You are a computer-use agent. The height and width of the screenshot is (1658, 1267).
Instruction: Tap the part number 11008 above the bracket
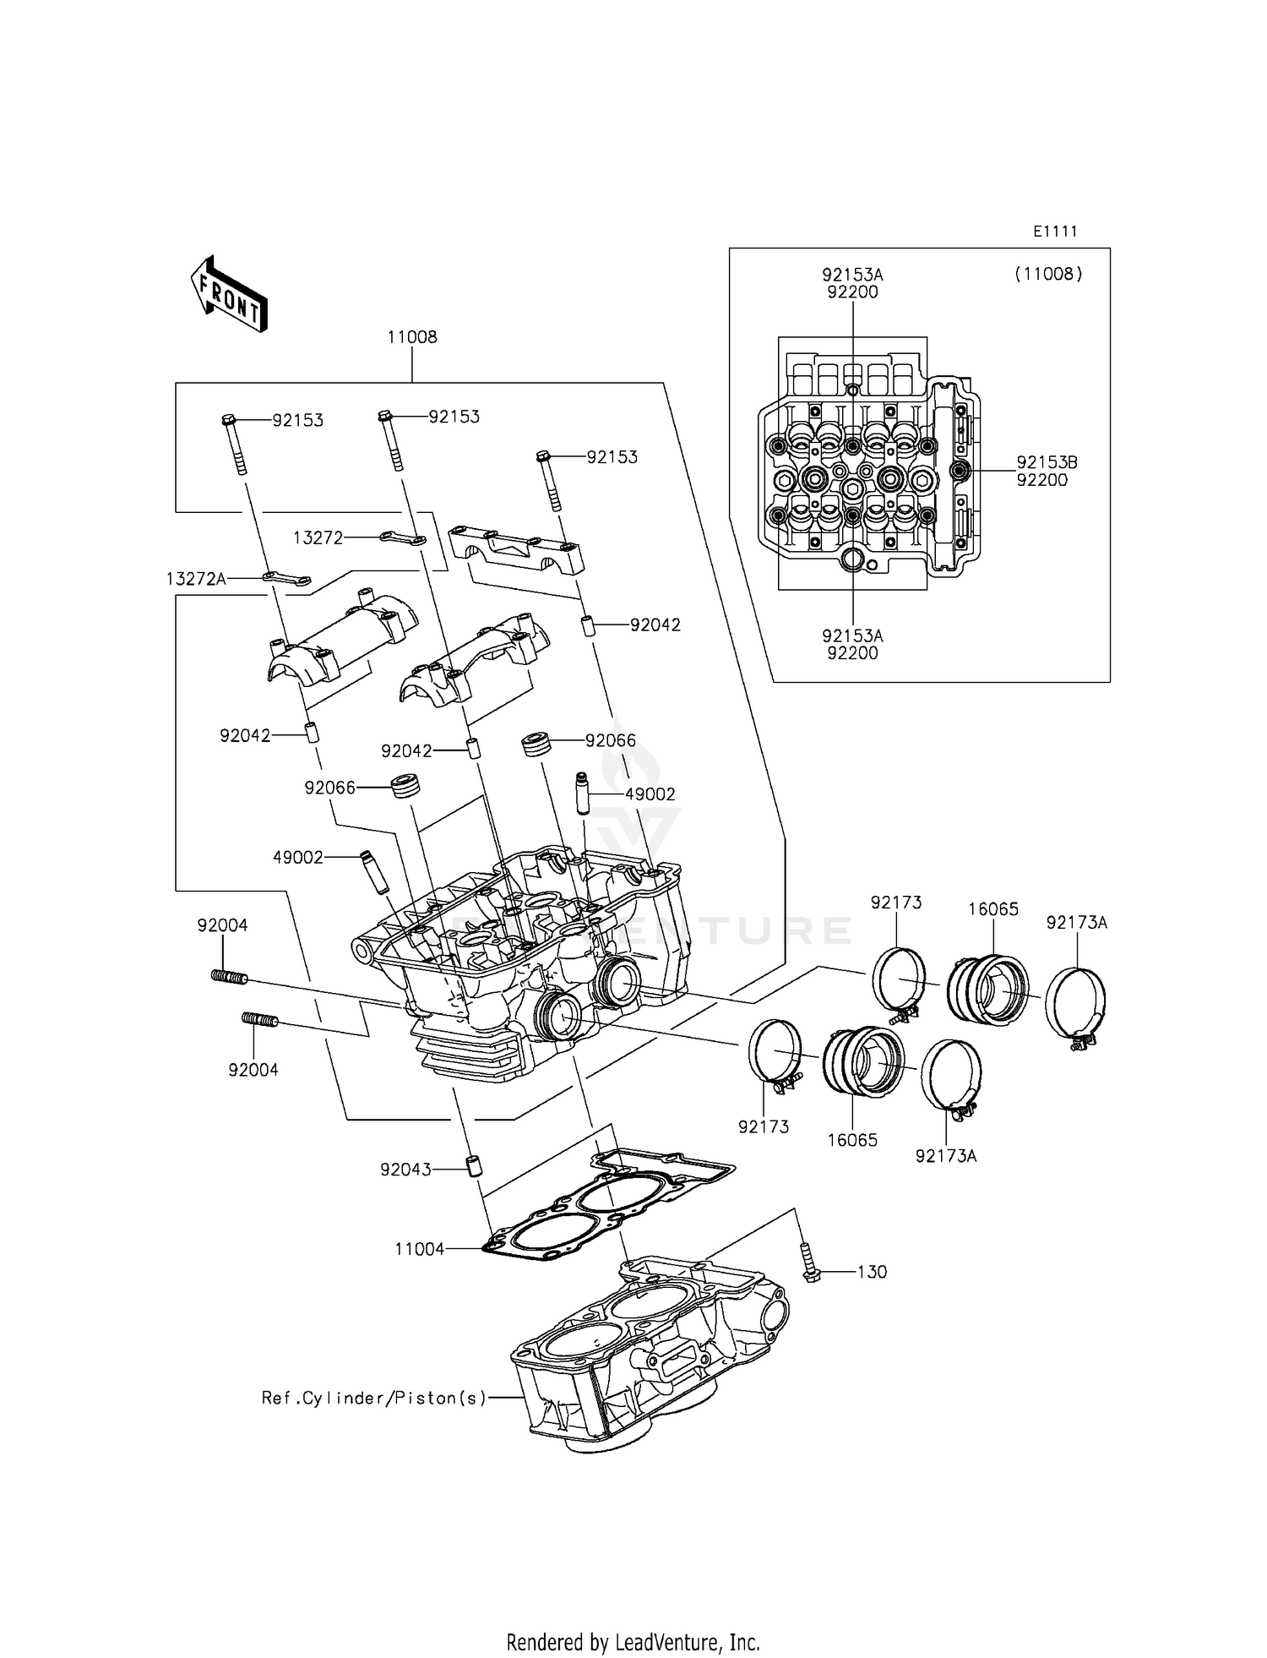click(412, 337)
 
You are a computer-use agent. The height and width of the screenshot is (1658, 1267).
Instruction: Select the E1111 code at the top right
click(1055, 232)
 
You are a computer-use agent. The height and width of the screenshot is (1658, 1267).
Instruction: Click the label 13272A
click(196, 579)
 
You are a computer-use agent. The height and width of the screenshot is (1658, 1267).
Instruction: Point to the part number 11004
click(419, 1249)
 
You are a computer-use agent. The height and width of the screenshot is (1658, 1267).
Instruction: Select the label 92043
click(405, 1170)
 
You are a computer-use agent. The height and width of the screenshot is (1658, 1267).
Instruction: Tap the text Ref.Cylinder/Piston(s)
click(374, 1399)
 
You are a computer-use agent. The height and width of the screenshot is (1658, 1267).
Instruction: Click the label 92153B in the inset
click(1047, 463)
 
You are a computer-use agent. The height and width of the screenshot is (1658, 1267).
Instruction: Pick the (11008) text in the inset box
click(1047, 274)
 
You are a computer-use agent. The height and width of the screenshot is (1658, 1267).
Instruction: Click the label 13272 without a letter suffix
click(318, 538)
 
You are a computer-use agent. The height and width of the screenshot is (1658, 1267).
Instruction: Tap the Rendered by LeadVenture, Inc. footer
click(633, 1643)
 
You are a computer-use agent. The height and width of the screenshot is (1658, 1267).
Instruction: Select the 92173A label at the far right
click(1076, 923)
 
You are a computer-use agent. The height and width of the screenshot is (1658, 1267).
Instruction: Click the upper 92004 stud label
click(222, 925)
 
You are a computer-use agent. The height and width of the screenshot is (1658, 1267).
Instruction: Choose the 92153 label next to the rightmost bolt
click(612, 457)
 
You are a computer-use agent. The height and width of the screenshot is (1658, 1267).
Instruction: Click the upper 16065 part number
click(993, 909)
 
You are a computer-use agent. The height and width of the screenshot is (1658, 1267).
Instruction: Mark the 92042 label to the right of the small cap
click(655, 625)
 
